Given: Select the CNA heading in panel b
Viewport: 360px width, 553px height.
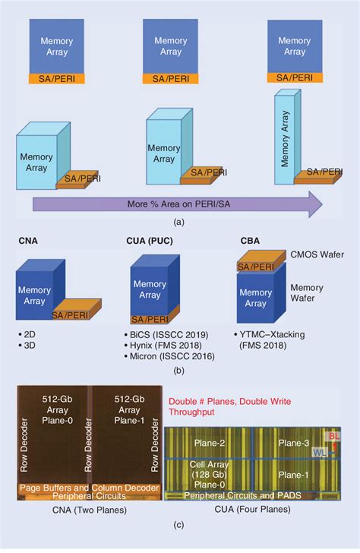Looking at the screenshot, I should point(30,241).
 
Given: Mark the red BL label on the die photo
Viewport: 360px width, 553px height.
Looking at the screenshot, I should point(332,437).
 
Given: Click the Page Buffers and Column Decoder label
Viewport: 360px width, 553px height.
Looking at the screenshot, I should point(87,488).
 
